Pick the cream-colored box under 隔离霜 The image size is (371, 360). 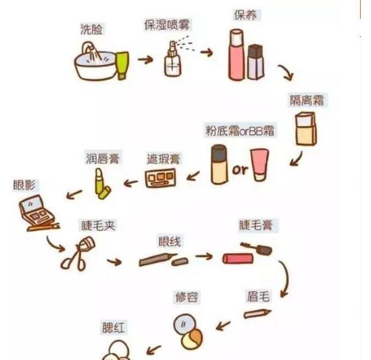(304, 129)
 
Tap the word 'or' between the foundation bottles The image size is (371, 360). (240, 170)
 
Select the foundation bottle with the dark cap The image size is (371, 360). (219, 165)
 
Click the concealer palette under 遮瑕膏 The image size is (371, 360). (160, 178)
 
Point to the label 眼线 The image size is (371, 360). (169, 242)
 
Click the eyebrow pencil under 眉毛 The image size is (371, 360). (257, 313)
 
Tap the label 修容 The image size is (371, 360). (187, 297)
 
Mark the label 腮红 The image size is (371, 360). (115, 327)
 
